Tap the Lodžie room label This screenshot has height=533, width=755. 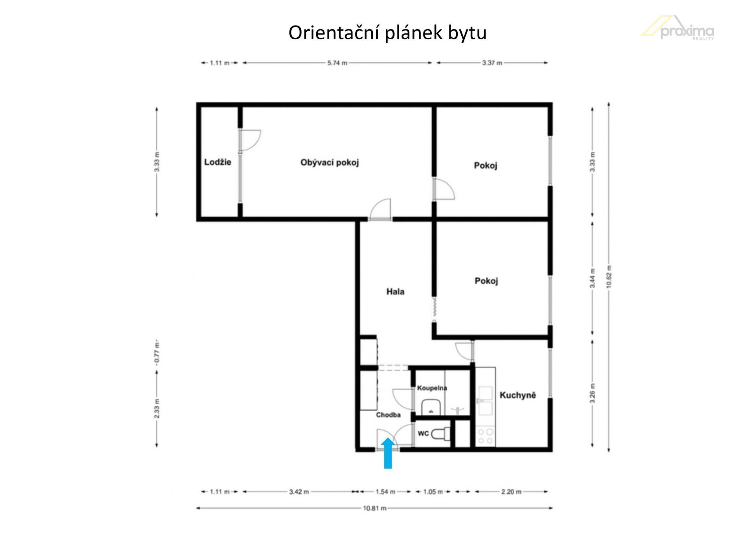tap(217, 162)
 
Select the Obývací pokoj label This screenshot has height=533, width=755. tap(330, 162)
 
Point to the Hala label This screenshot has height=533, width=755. tap(395, 291)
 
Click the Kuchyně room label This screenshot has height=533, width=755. tap(517, 395)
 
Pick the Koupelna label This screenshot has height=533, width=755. tap(432, 388)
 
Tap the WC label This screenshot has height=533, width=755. tap(423, 434)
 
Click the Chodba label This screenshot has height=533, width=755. tap(388, 415)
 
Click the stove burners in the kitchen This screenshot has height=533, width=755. tap(486, 436)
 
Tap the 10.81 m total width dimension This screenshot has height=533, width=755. tap(374, 508)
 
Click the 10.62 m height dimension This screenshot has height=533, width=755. tap(609, 277)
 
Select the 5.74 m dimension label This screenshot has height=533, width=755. tap(337, 62)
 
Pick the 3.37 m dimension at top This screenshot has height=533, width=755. tap(492, 62)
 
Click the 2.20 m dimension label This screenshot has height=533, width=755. tap(511, 491)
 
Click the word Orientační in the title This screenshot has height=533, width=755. tap(334, 33)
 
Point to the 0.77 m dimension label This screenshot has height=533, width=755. tap(157, 353)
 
